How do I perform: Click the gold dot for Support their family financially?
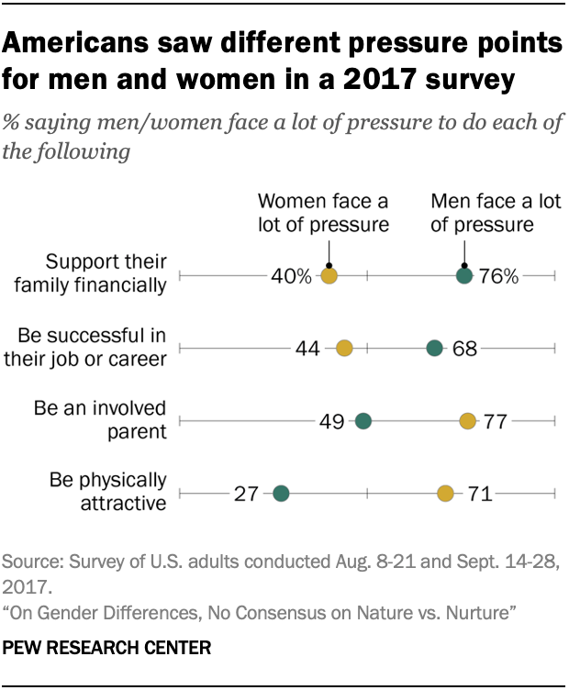(x=329, y=275)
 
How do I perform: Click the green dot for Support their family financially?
(x=464, y=275)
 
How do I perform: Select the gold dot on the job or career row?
(x=344, y=348)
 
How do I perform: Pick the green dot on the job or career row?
(x=435, y=348)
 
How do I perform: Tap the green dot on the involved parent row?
(x=363, y=421)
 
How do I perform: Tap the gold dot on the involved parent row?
(x=468, y=421)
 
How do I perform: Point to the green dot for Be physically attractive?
(x=281, y=494)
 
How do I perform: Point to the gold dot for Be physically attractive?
(x=445, y=494)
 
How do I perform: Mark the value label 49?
(x=331, y=422)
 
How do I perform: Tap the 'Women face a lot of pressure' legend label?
(x=324, y=213)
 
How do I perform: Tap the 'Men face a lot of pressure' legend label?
(x=484, y=213)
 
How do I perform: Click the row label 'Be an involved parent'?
(x=100, y=417)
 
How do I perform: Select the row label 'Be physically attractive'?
(x=109, y=491)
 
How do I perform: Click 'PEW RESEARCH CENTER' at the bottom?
(x=107, y=648)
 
